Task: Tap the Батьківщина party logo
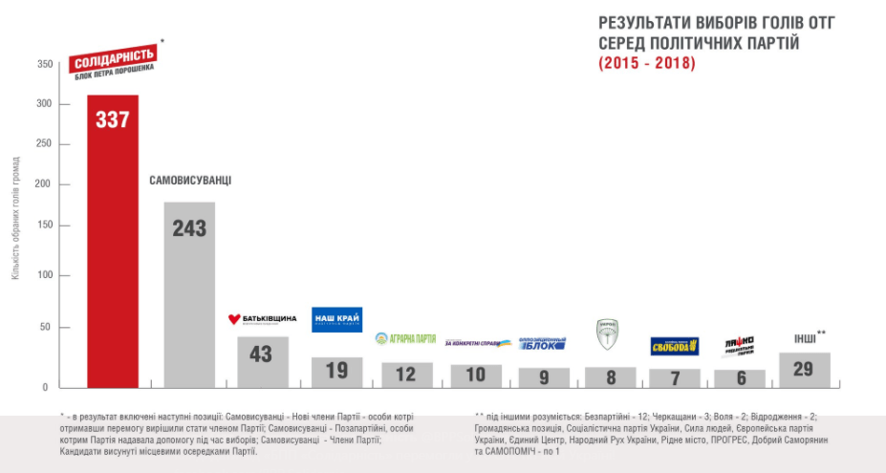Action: [262, 318]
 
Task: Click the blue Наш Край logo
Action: [336, 320]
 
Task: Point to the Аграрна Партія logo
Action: [405, 338]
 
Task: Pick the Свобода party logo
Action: [675, 346]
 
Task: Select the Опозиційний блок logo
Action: [542, 343]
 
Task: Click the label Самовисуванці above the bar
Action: [191, 181]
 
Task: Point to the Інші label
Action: [806, 338]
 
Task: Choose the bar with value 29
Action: [805, 370]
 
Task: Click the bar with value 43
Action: [263, 361]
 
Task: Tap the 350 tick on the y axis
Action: [46, 64]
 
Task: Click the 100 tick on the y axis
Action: [46, 275]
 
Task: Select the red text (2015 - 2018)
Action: [647, 64]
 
